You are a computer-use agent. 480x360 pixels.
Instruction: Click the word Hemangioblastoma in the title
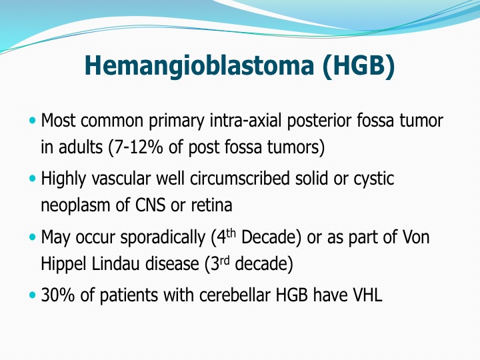click(199, 65)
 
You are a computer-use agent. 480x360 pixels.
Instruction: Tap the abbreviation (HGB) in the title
click(359, 65)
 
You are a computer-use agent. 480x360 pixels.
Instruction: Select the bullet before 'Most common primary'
click(33, 120)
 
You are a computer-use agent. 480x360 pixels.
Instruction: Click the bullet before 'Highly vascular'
click(33, 178)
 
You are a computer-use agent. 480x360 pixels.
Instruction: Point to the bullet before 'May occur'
click(33, 237)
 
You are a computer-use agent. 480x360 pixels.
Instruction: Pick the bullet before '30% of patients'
click(33, 295)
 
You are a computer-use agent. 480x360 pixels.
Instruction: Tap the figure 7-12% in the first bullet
click(137, 147)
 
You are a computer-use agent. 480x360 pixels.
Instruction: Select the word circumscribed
click(240, 178)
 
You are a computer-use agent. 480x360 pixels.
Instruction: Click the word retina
click(211, 205)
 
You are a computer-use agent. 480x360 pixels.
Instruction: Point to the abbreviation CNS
click(150, 205)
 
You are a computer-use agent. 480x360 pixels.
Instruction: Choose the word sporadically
click(163, 238)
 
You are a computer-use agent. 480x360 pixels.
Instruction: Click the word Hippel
click(64, 265)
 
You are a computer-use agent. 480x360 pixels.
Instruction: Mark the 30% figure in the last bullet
click(57, 295)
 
